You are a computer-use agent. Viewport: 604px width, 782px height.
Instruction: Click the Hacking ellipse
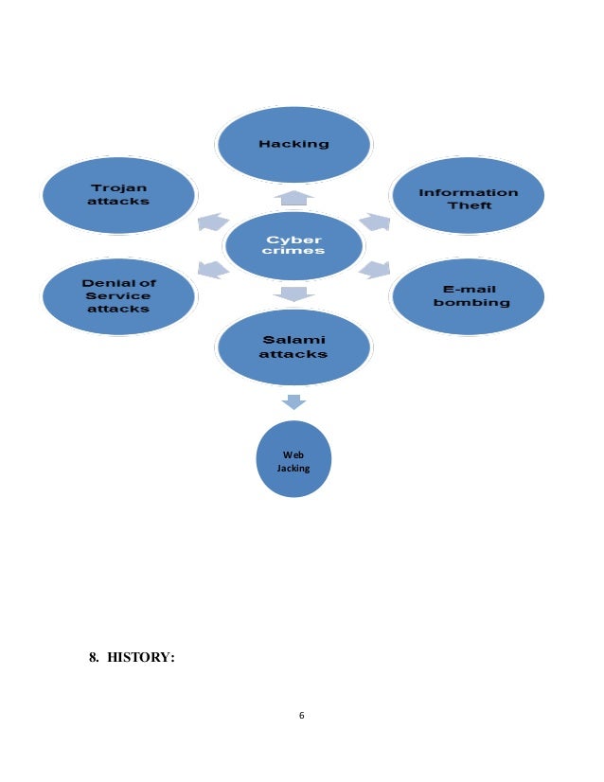click(x=293, y=144)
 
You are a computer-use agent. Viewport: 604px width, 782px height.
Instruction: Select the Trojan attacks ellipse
click(x=118, y=195)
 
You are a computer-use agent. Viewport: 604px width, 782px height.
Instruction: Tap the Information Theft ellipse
click(x=469, y=197)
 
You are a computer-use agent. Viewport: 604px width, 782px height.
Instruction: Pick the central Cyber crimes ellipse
click(x=293, y=245)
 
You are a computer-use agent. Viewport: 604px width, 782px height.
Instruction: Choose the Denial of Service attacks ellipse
click(x=118, y=295)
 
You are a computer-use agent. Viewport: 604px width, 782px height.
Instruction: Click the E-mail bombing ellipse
click(x=469, y=296)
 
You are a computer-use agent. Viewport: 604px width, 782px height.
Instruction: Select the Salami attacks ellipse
click(x=293, y=347)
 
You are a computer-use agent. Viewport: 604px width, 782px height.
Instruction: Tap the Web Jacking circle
click(x=293, y=459)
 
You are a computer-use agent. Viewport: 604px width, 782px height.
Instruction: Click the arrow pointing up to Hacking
click(x=293, y=198)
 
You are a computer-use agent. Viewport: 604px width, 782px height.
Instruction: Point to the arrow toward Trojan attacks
click(x=213, y=222)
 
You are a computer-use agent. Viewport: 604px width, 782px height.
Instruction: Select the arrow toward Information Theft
click(x=375, y=222)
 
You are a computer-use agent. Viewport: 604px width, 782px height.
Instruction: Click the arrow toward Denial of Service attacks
click(x=213, y=271)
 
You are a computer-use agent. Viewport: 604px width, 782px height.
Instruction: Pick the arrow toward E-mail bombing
click(x=375, y=270)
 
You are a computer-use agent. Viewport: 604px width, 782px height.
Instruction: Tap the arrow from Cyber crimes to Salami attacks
click(x=293, y=293)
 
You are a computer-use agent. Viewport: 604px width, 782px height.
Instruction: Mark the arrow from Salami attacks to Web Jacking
click(x=293, y=402)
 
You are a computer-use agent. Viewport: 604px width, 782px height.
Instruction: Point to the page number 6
click(x=301, y=715)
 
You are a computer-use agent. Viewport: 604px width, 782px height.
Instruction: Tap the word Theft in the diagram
click(x=470, y=205)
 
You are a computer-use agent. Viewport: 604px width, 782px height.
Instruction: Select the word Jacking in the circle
click(x=293, y=468)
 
